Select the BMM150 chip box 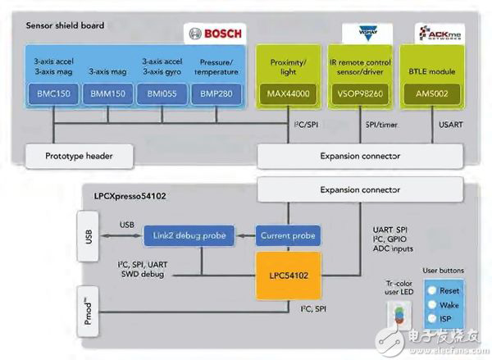107,93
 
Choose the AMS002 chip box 432,93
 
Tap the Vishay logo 364,34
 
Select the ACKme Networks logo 431,34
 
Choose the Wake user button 443,305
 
